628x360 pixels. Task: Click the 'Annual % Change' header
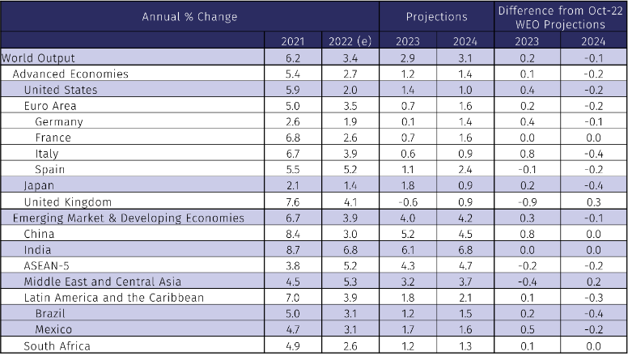tap(189, 16)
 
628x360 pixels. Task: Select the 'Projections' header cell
tap(436, 16)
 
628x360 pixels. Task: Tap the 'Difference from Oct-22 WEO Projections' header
tap(561, 16)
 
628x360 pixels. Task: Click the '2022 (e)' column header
tap(350, 41)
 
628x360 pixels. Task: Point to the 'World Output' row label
tap(38, 57)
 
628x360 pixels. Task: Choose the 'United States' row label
tap(61, 89)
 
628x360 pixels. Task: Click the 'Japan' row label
tap(39, 185)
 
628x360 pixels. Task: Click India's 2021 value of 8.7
tap(294, 250)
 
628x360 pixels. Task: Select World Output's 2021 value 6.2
tap(294, 57)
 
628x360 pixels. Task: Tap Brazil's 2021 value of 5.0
tap(294, 314)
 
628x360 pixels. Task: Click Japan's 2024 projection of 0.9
tap(465, 185)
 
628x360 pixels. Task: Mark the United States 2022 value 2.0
tap(350, 89)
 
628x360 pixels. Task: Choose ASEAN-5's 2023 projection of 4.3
tap(408, 265)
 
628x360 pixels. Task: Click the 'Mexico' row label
tap(53, 330)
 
